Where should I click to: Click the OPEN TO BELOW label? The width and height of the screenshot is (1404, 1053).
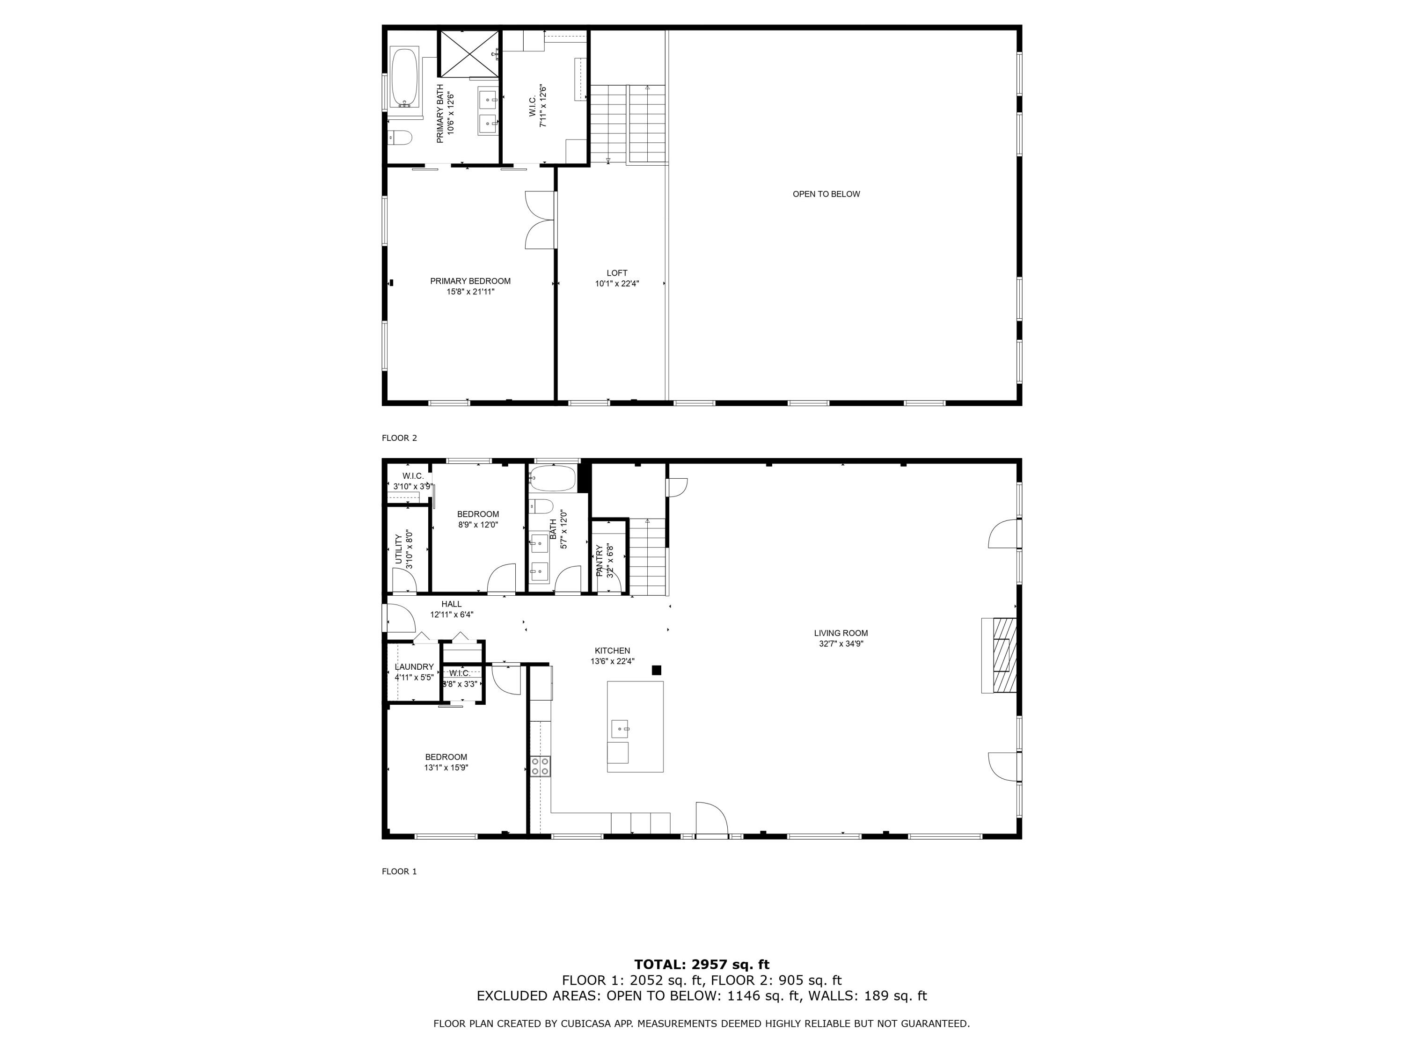click(x=826, y=194)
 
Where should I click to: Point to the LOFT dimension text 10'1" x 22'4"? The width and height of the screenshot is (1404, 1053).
click(x=616, y=284)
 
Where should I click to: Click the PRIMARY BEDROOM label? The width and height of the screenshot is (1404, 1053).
click(x=470, y=281)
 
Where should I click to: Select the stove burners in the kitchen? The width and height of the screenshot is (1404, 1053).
click(x=540, y=766)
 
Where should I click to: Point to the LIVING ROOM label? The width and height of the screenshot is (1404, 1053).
click(x=841, y=633)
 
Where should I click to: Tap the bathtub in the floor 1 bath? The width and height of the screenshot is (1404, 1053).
click(x=552, y=479)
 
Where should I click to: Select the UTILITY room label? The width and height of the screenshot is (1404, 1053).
click(x=399, y=549)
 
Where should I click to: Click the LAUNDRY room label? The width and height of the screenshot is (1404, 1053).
click(x=414, y=666)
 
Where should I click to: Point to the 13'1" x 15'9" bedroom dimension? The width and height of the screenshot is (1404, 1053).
click(x=446, y=768)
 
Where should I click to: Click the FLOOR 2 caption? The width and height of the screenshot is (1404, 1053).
click(x=399, y=438)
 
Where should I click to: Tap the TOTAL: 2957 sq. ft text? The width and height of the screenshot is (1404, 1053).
click(x=702, y=965)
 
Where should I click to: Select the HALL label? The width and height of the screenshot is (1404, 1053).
click(x=451, y=604)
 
